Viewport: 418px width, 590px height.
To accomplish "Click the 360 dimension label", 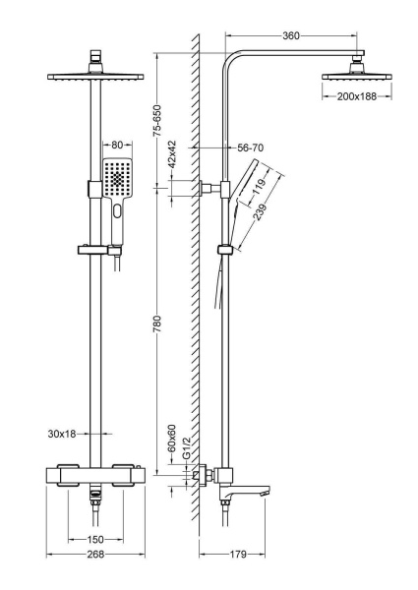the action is tap(291, 35).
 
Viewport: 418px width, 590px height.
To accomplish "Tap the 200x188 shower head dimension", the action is tap(357, 96).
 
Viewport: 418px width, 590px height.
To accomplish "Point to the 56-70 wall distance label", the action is tap(251, 147).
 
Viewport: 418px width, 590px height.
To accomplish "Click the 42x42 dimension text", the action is tap(172, 154).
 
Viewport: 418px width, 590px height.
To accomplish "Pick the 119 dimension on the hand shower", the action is tap(259, 187).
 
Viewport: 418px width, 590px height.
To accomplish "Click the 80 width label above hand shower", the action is tap(117, 145).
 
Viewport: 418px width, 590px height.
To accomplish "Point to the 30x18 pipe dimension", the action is tap(62, 434).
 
